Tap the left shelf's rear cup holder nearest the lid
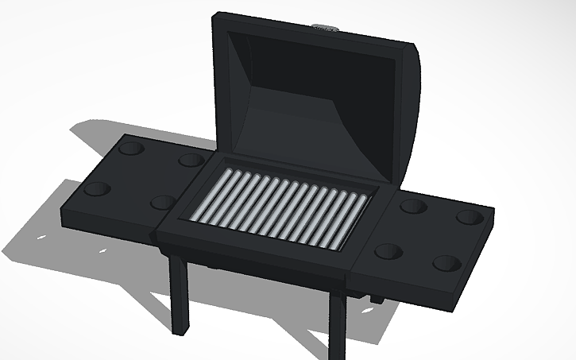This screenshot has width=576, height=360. [191, 160]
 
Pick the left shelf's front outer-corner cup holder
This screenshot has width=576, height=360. [98, 189]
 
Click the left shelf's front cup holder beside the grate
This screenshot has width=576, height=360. [163, 203]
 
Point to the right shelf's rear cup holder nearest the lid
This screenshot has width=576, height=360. [412, 207]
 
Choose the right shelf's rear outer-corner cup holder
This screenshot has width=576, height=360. [469, 217]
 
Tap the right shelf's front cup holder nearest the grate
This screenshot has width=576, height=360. [388, 251]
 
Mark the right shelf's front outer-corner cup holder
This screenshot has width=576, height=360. [447, 263]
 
